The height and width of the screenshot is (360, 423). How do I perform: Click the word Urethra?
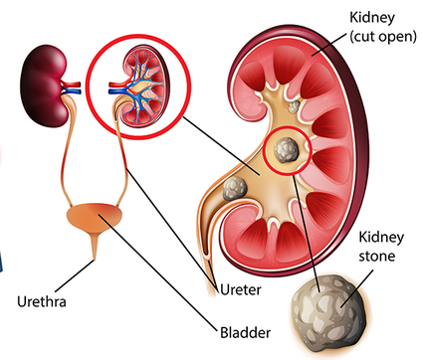[x=42, y=301]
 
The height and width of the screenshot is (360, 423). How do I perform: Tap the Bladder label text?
[x=245, y=332]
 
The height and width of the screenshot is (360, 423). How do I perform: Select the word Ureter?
[x=241, y=289]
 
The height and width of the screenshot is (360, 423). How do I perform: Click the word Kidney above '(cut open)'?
[x=372, y=18]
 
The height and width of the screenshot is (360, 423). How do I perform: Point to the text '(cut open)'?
[x=383, y=36]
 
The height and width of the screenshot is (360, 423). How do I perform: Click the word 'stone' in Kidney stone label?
[x=377, y=256]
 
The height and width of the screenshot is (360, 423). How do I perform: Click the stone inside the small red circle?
[x=286, y=150]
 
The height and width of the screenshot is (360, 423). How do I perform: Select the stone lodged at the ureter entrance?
[x=235, y=188]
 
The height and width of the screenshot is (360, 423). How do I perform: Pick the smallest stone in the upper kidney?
[x=294, y=106]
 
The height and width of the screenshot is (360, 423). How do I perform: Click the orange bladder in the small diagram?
[x=95, y=217]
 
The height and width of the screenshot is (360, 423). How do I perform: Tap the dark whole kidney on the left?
[x=45, y=86]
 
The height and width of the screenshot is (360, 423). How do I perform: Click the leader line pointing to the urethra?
[x=75, y=275]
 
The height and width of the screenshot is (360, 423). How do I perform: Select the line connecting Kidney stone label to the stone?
[x=357, y=287]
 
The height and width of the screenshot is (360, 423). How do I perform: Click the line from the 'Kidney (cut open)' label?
[x=329, y=44]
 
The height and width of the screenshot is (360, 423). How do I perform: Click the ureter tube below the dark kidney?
[x=66, y=149]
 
